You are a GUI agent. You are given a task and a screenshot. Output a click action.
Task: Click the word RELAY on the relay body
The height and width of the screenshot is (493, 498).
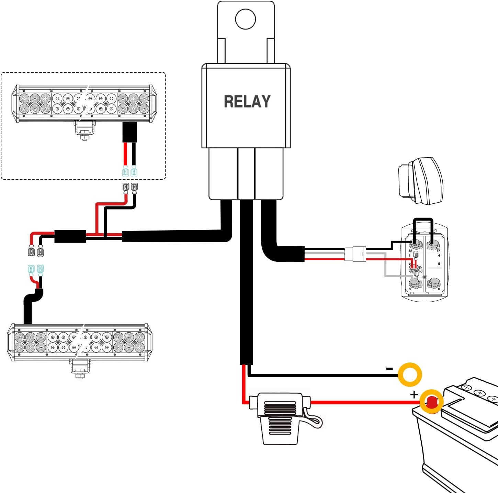247,102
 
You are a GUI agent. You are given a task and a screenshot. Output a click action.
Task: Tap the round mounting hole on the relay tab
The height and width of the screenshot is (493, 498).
246,19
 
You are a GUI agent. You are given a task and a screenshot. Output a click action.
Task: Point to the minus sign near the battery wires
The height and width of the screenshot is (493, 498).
389,369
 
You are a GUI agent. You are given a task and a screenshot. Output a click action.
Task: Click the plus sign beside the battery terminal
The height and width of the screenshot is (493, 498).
414,395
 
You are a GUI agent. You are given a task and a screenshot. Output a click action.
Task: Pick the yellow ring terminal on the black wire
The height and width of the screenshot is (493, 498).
410,374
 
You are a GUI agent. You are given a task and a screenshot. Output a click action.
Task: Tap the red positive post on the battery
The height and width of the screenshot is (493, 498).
432,401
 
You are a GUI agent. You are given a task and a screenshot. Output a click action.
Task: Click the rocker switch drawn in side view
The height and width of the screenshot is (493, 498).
421,181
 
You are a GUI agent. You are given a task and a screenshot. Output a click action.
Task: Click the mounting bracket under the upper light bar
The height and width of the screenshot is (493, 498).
84,130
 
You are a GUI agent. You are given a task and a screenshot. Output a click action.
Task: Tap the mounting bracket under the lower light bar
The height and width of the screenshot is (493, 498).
80,369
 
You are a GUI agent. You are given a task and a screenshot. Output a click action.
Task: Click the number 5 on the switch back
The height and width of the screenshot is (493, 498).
439,264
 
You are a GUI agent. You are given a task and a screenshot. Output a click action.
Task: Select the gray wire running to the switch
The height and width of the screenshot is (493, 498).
385,268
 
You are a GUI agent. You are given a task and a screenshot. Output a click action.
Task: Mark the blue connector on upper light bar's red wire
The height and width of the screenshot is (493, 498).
125,171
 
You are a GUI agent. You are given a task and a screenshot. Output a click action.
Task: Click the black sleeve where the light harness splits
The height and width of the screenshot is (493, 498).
70,236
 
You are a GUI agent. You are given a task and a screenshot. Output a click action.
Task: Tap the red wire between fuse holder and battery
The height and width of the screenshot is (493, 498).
361,402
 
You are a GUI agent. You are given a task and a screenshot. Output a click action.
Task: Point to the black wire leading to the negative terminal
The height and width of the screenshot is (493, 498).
323,375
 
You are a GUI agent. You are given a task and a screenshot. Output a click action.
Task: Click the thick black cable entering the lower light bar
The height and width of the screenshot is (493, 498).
28,309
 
